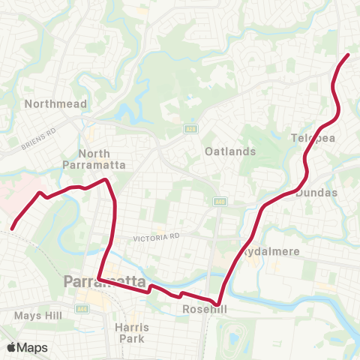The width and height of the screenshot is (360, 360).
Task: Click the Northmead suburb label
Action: (x=55, y=103)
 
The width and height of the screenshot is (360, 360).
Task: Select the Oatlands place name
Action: (x=230, y=151)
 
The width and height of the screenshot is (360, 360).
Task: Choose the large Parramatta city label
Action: (x=105, y=282)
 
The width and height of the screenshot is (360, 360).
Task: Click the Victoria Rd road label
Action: (x=154, y=236)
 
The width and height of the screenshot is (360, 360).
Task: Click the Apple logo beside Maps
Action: (x=11, y=347)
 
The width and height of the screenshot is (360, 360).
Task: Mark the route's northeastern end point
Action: (x=348, y=55)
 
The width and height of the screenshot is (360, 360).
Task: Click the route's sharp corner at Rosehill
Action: (x=218, y=305)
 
